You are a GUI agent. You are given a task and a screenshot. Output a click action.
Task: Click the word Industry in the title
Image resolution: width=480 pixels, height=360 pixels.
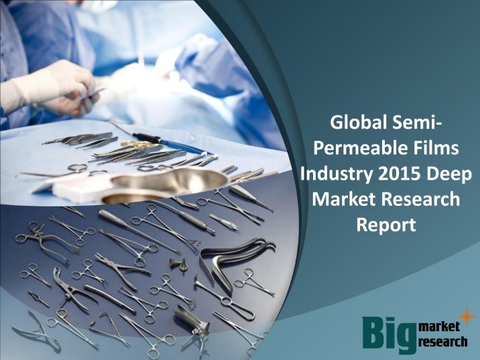click(x=337, y=175)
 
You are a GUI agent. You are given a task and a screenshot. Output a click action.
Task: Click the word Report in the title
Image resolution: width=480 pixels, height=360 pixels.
click(x=386, y=226)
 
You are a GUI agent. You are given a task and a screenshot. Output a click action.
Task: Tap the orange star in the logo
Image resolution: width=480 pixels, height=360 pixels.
click(x=467, y=316)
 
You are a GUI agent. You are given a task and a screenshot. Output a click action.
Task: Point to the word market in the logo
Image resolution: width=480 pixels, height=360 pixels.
click(x=439, y=326)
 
